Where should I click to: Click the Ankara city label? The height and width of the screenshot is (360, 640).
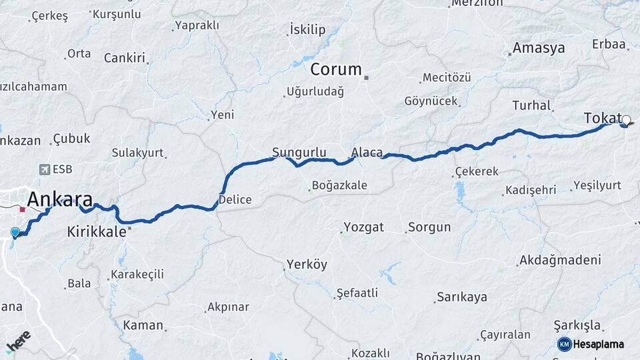coord(59,199)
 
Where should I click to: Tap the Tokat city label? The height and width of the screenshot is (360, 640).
coord(602,118)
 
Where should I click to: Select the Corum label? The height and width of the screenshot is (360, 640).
coord(336,69)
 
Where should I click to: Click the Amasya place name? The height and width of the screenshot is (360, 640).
coord(538,48)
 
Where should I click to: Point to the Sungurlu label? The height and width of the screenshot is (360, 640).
coord(299,151)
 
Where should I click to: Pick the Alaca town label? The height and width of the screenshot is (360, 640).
coord(367,153)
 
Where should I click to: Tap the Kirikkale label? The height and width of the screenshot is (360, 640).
coord(97,232)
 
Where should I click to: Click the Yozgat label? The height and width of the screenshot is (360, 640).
coord(363,227)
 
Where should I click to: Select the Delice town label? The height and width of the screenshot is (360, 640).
coord(235,199)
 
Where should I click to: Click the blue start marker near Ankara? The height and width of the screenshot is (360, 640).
coord(15,232)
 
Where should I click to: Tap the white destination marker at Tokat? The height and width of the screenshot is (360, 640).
coord(625,121)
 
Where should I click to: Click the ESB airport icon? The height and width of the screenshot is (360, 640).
coord(45,169)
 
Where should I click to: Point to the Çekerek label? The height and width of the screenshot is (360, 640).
coord(477,171)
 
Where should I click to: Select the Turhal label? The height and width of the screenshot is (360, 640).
coord(531,105)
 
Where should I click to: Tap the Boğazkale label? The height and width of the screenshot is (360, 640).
coord(339,185)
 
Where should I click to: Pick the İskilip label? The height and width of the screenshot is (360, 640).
coord(307,29)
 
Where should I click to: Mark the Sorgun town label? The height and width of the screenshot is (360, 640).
coord(429,227)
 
